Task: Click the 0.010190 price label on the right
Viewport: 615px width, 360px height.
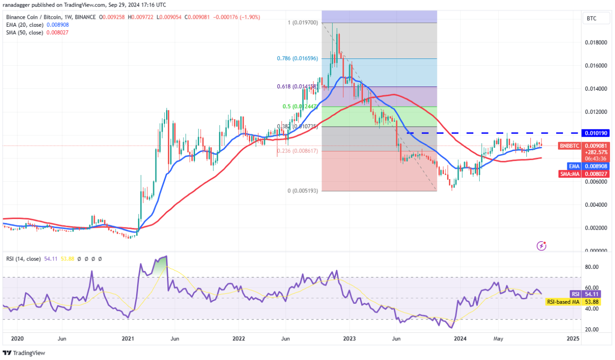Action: (x=596, y=133)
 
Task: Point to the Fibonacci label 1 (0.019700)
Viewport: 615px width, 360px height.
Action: (x=302, y=23)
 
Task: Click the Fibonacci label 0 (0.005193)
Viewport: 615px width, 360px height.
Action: (x=302, y=191)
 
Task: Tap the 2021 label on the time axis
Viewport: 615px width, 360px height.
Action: (x=127, y=339)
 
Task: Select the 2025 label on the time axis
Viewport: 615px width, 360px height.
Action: (x=573, y=339)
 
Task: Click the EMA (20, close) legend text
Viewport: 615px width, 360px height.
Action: (x=26, y=25)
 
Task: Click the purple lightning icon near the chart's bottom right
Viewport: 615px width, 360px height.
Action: (x=542, y=246)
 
